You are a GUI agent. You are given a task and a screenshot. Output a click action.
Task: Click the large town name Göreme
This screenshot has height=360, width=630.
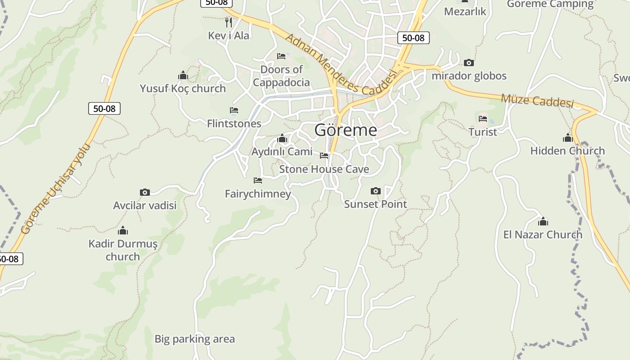(346, 130)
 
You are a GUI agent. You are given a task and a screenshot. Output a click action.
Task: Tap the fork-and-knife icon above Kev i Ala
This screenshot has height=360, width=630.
(229, 22)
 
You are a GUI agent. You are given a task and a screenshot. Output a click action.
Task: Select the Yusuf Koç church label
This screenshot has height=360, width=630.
(183, 88)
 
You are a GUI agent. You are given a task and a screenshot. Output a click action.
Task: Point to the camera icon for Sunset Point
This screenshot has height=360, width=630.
(376, 191)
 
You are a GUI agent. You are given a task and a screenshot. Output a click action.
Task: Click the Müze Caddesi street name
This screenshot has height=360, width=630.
(537, 101)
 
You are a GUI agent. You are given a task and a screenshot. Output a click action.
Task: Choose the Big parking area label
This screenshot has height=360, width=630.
(194, 339)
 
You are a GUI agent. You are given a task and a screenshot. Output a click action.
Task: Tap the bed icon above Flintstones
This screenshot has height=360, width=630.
(234, 110)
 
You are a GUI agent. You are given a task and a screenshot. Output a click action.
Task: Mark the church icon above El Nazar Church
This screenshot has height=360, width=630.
(543, 221)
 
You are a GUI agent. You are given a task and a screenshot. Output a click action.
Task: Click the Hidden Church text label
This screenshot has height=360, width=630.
(567, 151)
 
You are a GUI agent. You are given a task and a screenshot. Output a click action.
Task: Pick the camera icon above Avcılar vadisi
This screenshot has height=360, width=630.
(144, 193)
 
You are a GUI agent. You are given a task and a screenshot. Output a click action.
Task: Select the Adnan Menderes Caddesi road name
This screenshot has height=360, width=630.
(342, 65)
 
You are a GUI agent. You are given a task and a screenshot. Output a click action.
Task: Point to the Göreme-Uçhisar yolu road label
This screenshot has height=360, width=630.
(56, 189)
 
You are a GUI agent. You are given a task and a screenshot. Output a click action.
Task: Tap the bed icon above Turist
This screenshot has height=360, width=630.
(483, 119)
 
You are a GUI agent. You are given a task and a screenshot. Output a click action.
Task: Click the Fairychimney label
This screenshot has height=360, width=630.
(258, 194)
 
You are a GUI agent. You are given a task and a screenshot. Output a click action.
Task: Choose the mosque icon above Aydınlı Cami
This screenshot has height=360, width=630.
(282, 138)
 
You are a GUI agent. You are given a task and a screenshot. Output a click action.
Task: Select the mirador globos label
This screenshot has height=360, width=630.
(469, 76)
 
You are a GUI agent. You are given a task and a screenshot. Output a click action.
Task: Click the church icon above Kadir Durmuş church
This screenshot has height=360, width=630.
(123, 231)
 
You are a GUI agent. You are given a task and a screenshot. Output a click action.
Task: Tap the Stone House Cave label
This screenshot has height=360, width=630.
(324, 169)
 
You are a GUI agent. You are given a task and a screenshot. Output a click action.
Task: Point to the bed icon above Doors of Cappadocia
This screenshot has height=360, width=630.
(281, 56)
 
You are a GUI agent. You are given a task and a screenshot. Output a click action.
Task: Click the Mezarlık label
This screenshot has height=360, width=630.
(465, 11)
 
